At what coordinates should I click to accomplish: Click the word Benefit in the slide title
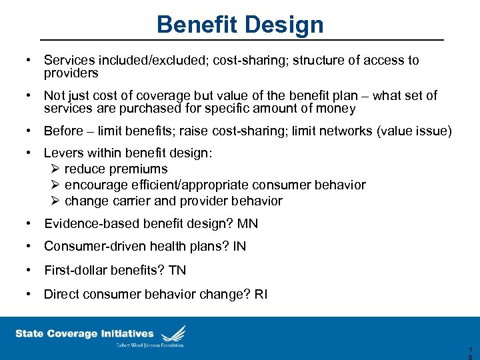pos(197,25)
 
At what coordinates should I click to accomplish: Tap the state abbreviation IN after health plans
pos(239,247)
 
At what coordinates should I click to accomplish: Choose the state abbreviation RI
pos(261,294)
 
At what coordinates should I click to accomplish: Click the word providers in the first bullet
pos(71,73)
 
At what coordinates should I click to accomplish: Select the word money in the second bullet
pos(337,108)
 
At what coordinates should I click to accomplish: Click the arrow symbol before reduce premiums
pos(55,169)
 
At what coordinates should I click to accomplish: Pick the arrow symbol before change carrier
pos(55,201)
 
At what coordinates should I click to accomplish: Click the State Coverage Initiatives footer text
pos(84,333)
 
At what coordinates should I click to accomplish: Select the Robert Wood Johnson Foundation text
pos(149,345)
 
